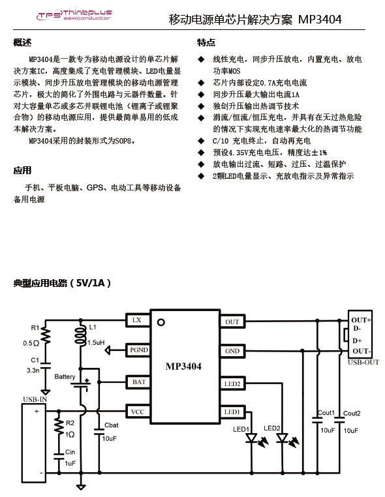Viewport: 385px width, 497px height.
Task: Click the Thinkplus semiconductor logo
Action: [x=74, y=15]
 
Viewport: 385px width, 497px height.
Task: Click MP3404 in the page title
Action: [x=320, y=20]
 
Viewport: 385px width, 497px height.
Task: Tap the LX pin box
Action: [x=138, y=320]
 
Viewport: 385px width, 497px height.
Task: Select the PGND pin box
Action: [x=138, y=350]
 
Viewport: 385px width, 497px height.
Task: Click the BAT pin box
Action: [x=138, y=382]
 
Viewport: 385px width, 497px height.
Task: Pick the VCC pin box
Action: [x=138, y=412]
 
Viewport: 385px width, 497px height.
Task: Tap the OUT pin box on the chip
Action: [x=232, y=322]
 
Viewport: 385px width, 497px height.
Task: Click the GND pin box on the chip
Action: [x=232, y=351]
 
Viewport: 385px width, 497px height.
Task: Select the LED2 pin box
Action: [x=232, y=384]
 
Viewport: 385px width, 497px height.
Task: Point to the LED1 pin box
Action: [x=232, y=412]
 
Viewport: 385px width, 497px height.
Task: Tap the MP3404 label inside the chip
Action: [x=183, y=367]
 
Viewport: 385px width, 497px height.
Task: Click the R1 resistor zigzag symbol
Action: [x=46, y=336]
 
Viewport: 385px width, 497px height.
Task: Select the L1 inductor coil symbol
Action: [x=80, y=334]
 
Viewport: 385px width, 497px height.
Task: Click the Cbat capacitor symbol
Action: [x=99, y=432]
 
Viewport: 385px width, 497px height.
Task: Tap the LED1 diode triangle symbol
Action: [x=252, y=438]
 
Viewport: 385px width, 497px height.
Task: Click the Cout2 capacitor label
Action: [x=352, y=414]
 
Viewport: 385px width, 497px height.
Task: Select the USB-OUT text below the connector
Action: [x=363, y=362]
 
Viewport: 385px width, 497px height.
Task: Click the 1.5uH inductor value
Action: [x=96, y=342]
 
